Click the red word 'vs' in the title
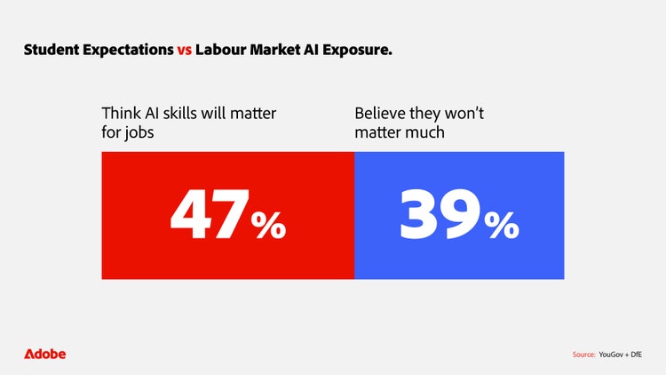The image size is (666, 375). point(182,51)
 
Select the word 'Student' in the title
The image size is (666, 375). point(52,51)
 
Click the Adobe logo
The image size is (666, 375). point(44,354)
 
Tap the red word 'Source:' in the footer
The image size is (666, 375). point(584,355)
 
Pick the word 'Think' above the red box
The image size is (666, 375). point(121,114)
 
